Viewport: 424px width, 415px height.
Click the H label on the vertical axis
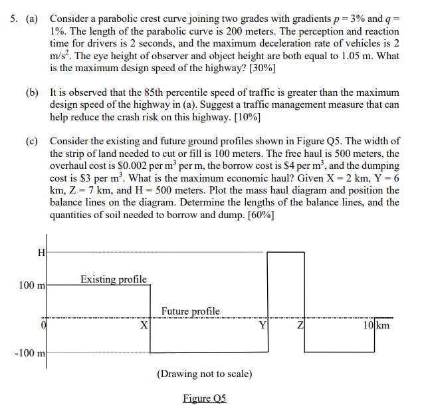[x=41, y=251]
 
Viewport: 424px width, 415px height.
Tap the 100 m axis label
[x=31, y=285]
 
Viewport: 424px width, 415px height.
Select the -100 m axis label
[x=30, y=352]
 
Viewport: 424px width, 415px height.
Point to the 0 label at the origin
[x=43, y=325]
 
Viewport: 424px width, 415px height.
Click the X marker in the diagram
[x=144, y=326]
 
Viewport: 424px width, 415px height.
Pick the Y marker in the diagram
[x=263, y=326]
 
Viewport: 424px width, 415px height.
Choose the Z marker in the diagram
[x=300, y=326]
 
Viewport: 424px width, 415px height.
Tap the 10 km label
[x=376, y=325]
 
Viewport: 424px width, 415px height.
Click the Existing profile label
[x=113, y=279]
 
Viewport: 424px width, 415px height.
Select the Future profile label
[x=190, y=311]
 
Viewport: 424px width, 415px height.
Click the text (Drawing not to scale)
[x=204, y=374]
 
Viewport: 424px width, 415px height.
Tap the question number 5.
[x=13, y=19]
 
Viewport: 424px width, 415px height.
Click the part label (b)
[x=32, y=92]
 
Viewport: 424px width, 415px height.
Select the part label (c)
[x=32, y=142]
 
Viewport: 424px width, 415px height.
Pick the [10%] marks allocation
[x=246, y=117]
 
